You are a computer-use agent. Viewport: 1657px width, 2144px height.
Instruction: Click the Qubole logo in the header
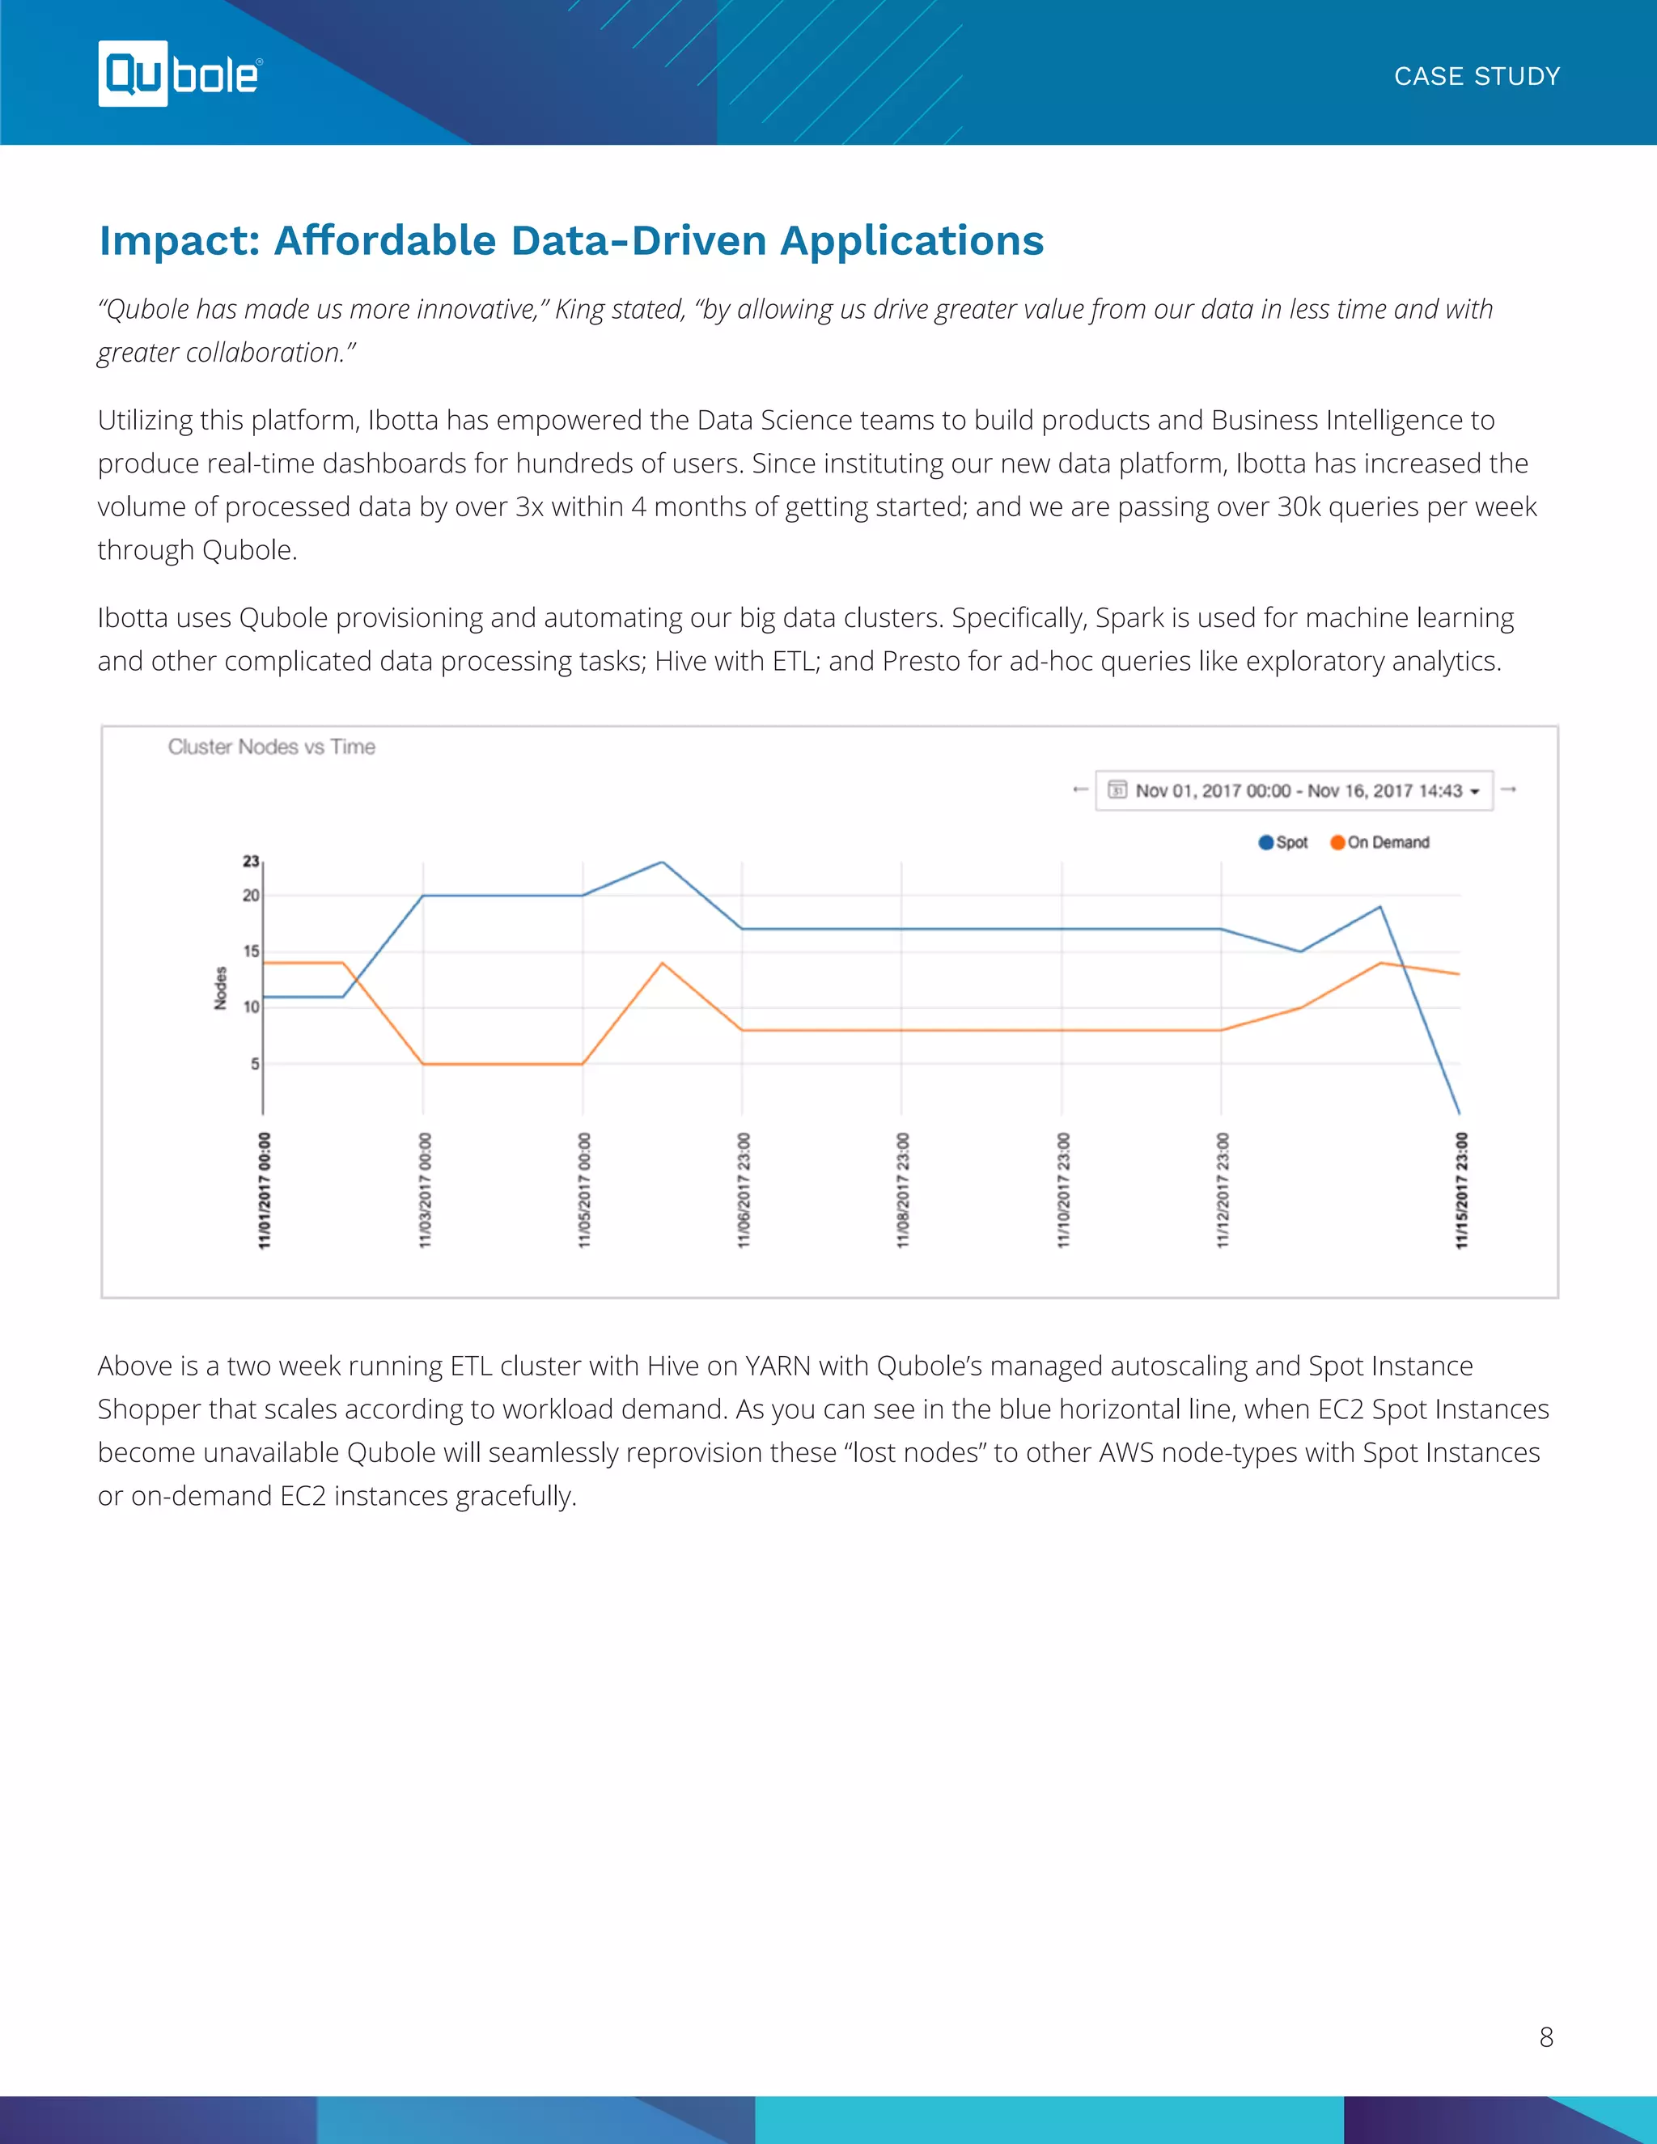pyautogui.click(x=180, y=74)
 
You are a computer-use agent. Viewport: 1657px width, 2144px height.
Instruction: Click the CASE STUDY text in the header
pyautogui.click(x=1477, y=77)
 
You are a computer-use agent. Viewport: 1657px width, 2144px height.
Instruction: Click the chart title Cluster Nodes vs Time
pyautogui.click(x=271, y=747)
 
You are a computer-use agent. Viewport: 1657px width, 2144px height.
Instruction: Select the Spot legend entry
pyautogui.click(x=1284, y=842)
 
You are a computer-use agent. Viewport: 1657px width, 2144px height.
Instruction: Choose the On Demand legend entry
pyautogui.click(x=1380, y=842)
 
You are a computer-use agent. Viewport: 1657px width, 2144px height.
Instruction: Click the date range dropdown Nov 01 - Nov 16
pyautogui.click(x=1294, y=790)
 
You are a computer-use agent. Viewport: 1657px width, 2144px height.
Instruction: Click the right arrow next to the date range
pyautogui.click(x=1509, y=790)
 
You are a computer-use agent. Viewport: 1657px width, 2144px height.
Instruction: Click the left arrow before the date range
pyautogui.click(x=1080, y=790)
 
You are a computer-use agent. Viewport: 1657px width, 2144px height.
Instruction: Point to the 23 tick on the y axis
pyautogui.click(x=252, y=861)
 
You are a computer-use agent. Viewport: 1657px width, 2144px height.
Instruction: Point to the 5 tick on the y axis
pyautogui.click(x=254, y=1063)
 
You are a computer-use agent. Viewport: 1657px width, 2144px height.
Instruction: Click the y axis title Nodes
pyautogui.click(x=221, y=988)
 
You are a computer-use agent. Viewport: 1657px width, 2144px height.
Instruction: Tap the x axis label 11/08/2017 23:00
pyautogui.click(x=902, y=1190)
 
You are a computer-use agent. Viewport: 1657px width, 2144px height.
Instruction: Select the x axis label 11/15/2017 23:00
pyautogui.click(x=1460, y=1190)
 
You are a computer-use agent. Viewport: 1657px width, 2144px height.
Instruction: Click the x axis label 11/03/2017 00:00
pyautogui.click(x=424, y=1190)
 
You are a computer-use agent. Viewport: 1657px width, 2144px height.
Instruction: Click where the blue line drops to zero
pyautogui.click(x=1459, y=1112)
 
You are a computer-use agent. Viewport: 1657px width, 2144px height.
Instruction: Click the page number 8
pyautogui.click(x=1546, y=2037)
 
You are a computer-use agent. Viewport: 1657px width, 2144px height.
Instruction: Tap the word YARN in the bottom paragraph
pyautogui.click(x=778, y=1366)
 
